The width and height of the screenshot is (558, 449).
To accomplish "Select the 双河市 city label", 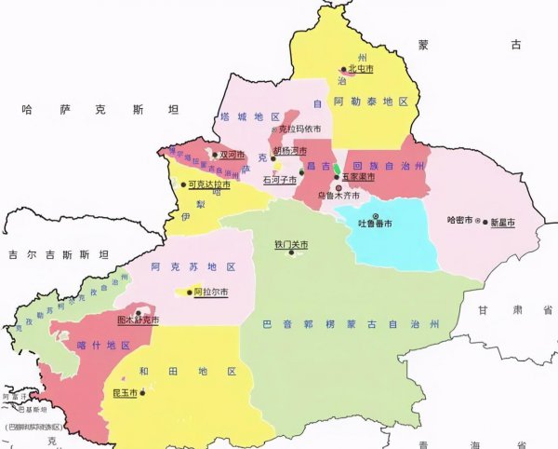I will click(x=232, y=155).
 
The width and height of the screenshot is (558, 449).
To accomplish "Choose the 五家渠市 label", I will click(x=358, y=176).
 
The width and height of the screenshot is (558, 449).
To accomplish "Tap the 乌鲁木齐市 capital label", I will click(x=338, y=196).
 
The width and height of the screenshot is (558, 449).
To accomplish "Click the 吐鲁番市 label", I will click(x=375, y=224).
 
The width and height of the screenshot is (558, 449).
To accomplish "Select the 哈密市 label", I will click(x=460, y=222).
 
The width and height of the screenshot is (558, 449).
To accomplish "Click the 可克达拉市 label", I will click(x=209, y=184).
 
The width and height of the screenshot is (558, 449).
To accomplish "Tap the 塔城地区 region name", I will click(x=249, y=116).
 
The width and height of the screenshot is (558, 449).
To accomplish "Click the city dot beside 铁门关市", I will click(x=291, y=252).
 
